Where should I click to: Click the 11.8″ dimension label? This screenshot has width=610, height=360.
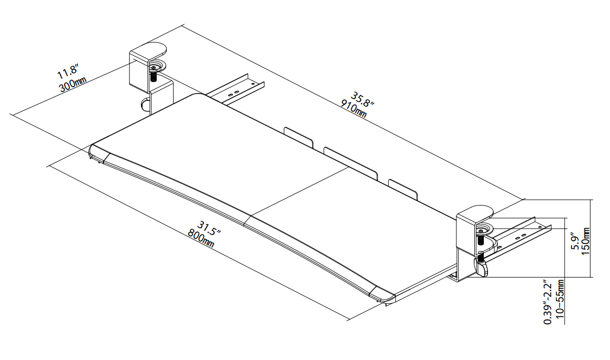click(68, 72)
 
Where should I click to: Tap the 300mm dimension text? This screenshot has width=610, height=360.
click(73, 84)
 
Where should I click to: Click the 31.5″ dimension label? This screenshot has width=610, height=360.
click(209, 229)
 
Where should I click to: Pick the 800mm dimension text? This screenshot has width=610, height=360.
click(201, 238)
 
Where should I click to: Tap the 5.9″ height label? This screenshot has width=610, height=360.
click(575, 243)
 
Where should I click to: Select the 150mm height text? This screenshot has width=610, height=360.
click(585, 241)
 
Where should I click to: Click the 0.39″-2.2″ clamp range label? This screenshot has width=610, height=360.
click(548, 301)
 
